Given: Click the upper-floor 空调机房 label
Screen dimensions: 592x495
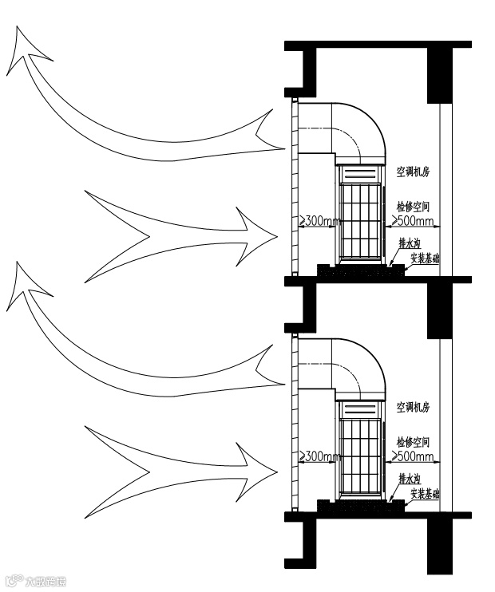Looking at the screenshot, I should [413, 172].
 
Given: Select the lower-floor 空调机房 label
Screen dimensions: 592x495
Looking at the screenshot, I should [413, 407].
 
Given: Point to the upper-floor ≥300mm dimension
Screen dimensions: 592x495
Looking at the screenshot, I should [319, 221].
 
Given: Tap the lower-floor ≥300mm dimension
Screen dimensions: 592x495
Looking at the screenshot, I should [319, 457].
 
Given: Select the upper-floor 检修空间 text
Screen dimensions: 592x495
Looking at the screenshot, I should [413, 206].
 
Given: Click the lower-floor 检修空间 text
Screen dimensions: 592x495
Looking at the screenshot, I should [413, 441].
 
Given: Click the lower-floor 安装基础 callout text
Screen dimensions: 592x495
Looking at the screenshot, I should [426, 495].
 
